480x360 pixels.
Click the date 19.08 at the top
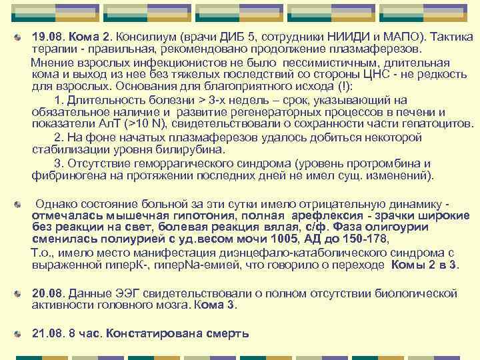47,38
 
